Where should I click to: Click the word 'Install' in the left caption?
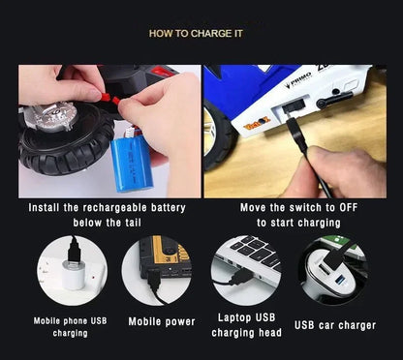click(x=48, y=208)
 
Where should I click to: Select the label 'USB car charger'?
click(x=336, y=326)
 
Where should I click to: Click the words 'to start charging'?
click(x=298, y=223)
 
